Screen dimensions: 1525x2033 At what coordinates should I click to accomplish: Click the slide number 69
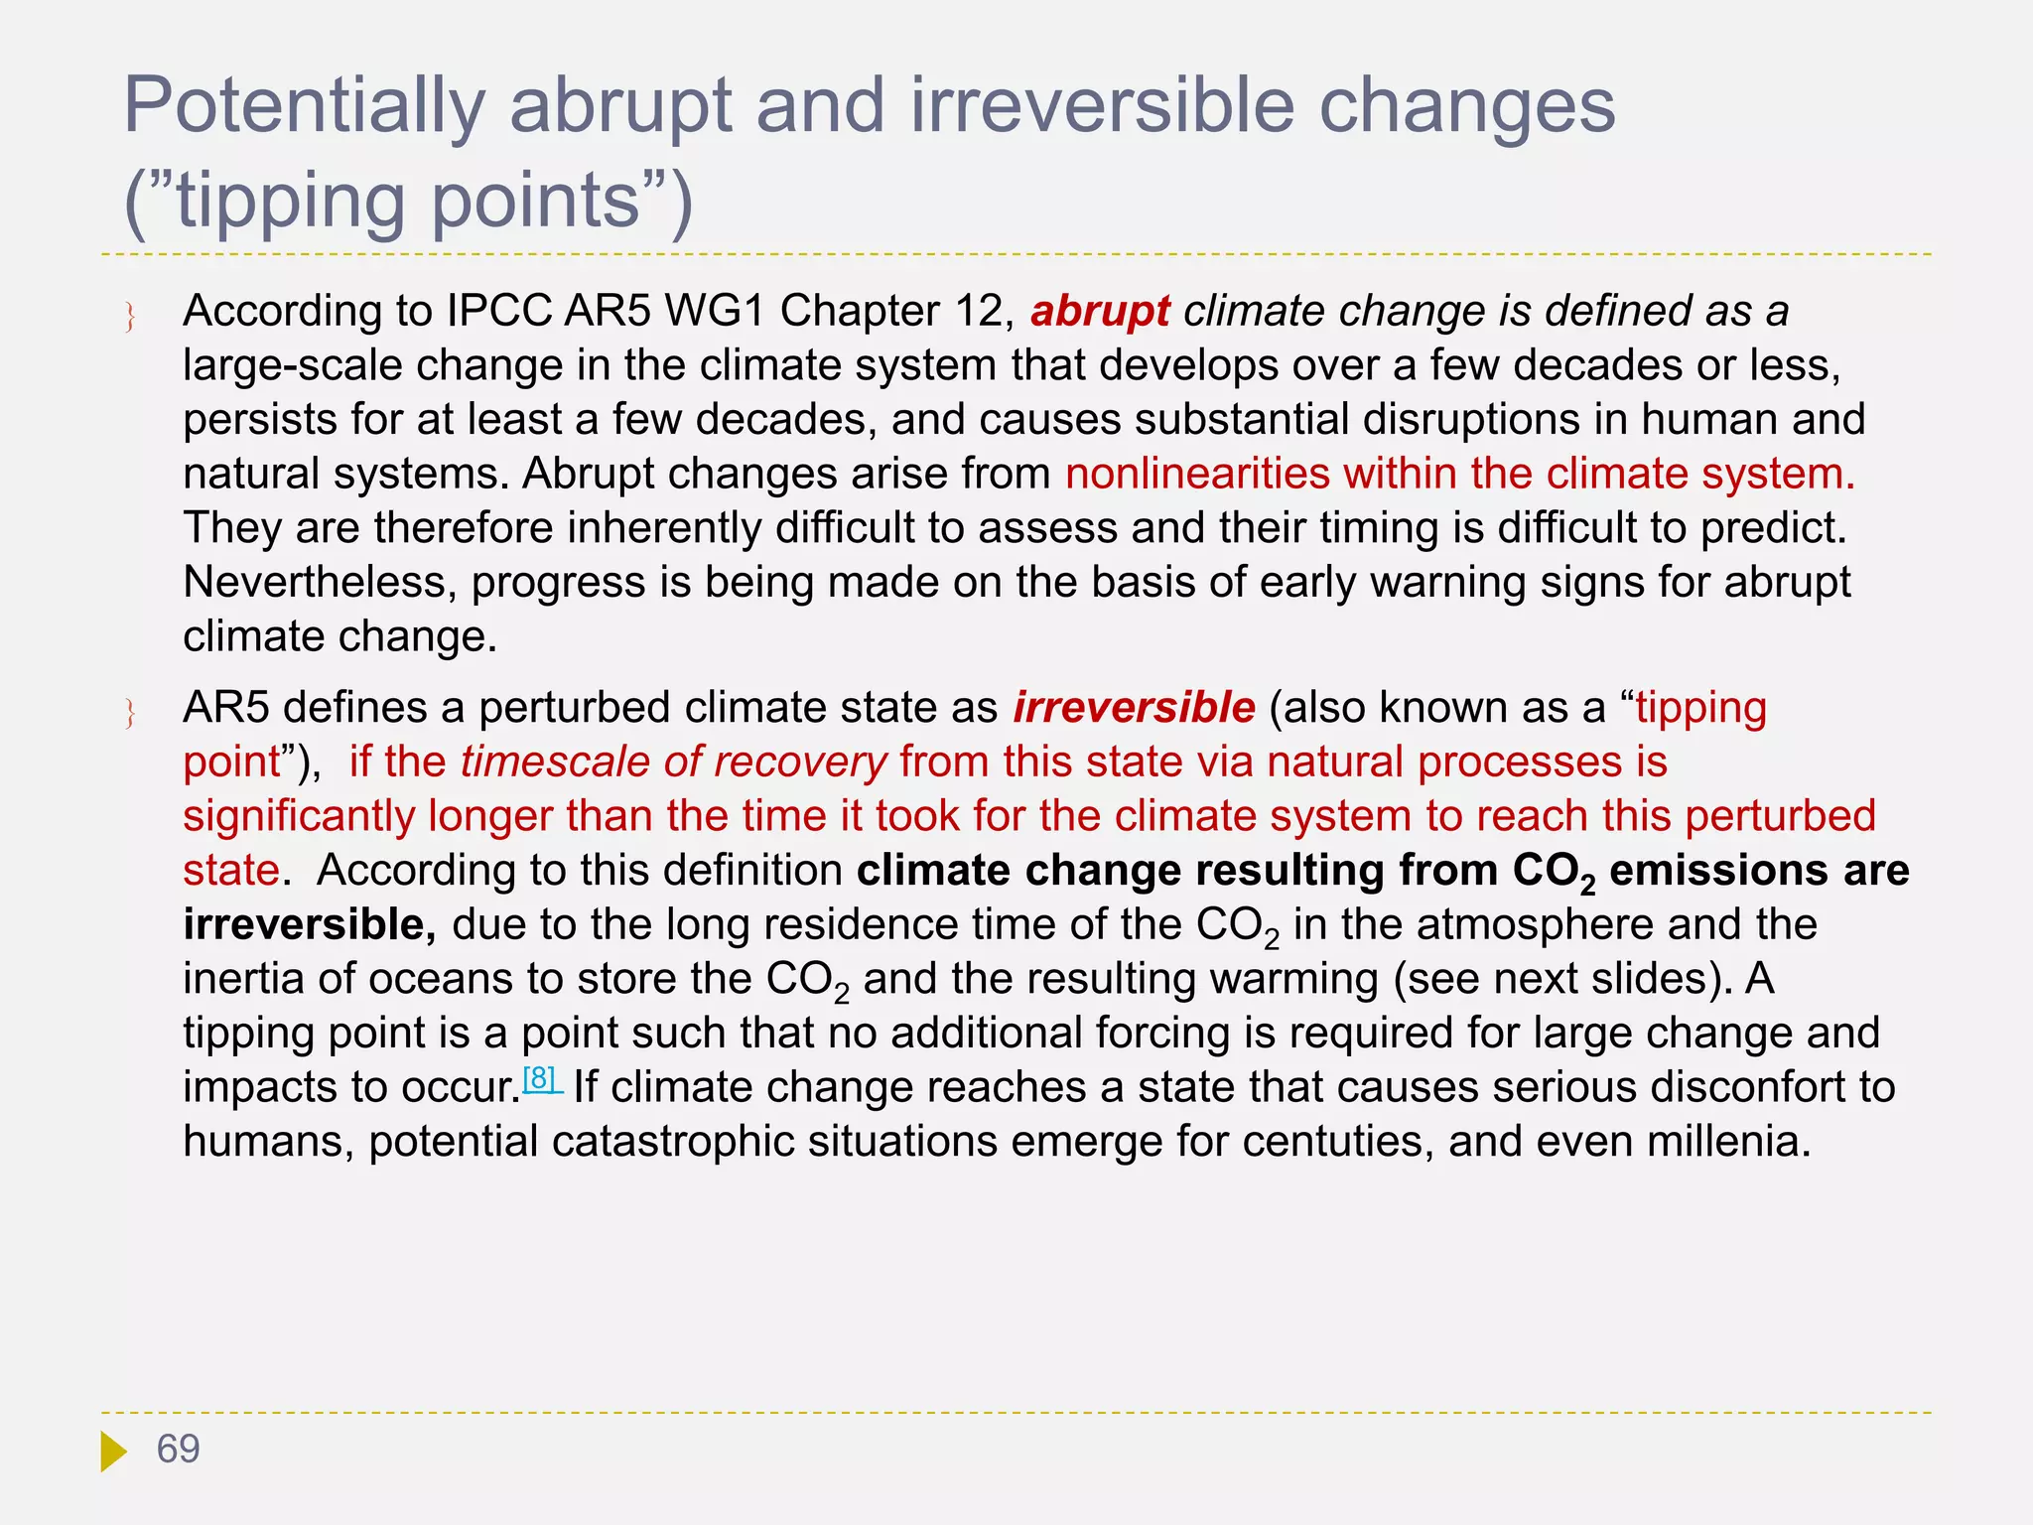(x=179, y=1450)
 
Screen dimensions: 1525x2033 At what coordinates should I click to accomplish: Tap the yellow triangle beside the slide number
(x=113, y=1452)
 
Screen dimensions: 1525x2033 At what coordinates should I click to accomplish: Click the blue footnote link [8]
(x=541, y=1079)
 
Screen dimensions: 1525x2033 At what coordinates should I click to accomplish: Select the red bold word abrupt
(x=1100, y=312)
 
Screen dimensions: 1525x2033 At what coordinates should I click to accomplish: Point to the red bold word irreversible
(x=1134, y=709)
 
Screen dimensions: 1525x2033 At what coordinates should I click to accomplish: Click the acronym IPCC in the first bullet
(x=498, y=312)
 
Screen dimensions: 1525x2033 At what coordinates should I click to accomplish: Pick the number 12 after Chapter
(x=985, y=312)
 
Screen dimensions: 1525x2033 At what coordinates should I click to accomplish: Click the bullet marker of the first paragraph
(x=130, y=318)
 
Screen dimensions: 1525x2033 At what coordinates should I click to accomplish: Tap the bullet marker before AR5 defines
(x=130, y=715)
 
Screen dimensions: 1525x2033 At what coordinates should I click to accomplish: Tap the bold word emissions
(x=1717, y=872)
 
